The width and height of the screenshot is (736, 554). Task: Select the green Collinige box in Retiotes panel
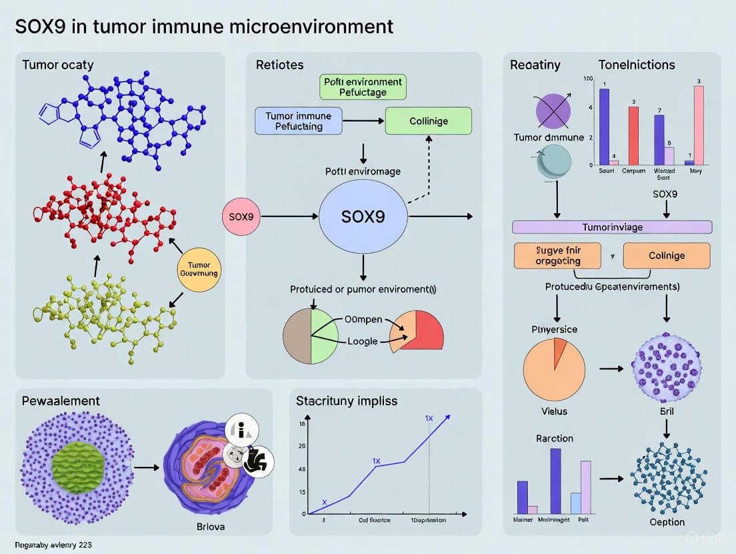[x=429, y=121]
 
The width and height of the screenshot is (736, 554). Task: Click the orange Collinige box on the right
[x=666, y=256]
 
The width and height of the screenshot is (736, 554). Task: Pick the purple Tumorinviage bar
[x=611, y=227]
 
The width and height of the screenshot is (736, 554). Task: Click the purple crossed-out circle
[x=553, y=111]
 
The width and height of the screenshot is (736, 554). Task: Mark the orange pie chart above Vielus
[x=554, y=368]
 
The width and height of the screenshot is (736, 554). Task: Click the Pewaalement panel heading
[x=61, y=401]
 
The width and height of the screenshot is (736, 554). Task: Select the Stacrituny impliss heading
[x=347, y=401]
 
